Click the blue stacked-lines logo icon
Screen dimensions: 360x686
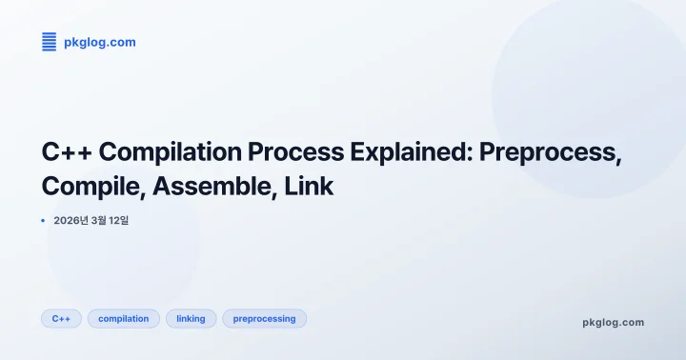[50, 42]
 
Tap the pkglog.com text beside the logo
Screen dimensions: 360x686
[99, 42]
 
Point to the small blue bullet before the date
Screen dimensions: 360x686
[44, 221]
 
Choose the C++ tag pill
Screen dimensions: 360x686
[61, 318]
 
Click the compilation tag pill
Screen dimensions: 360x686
[124, 318]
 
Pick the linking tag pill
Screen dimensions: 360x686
[191, 318]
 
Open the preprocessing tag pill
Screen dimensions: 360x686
[264, 318]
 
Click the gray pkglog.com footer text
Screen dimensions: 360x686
[613, 322]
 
